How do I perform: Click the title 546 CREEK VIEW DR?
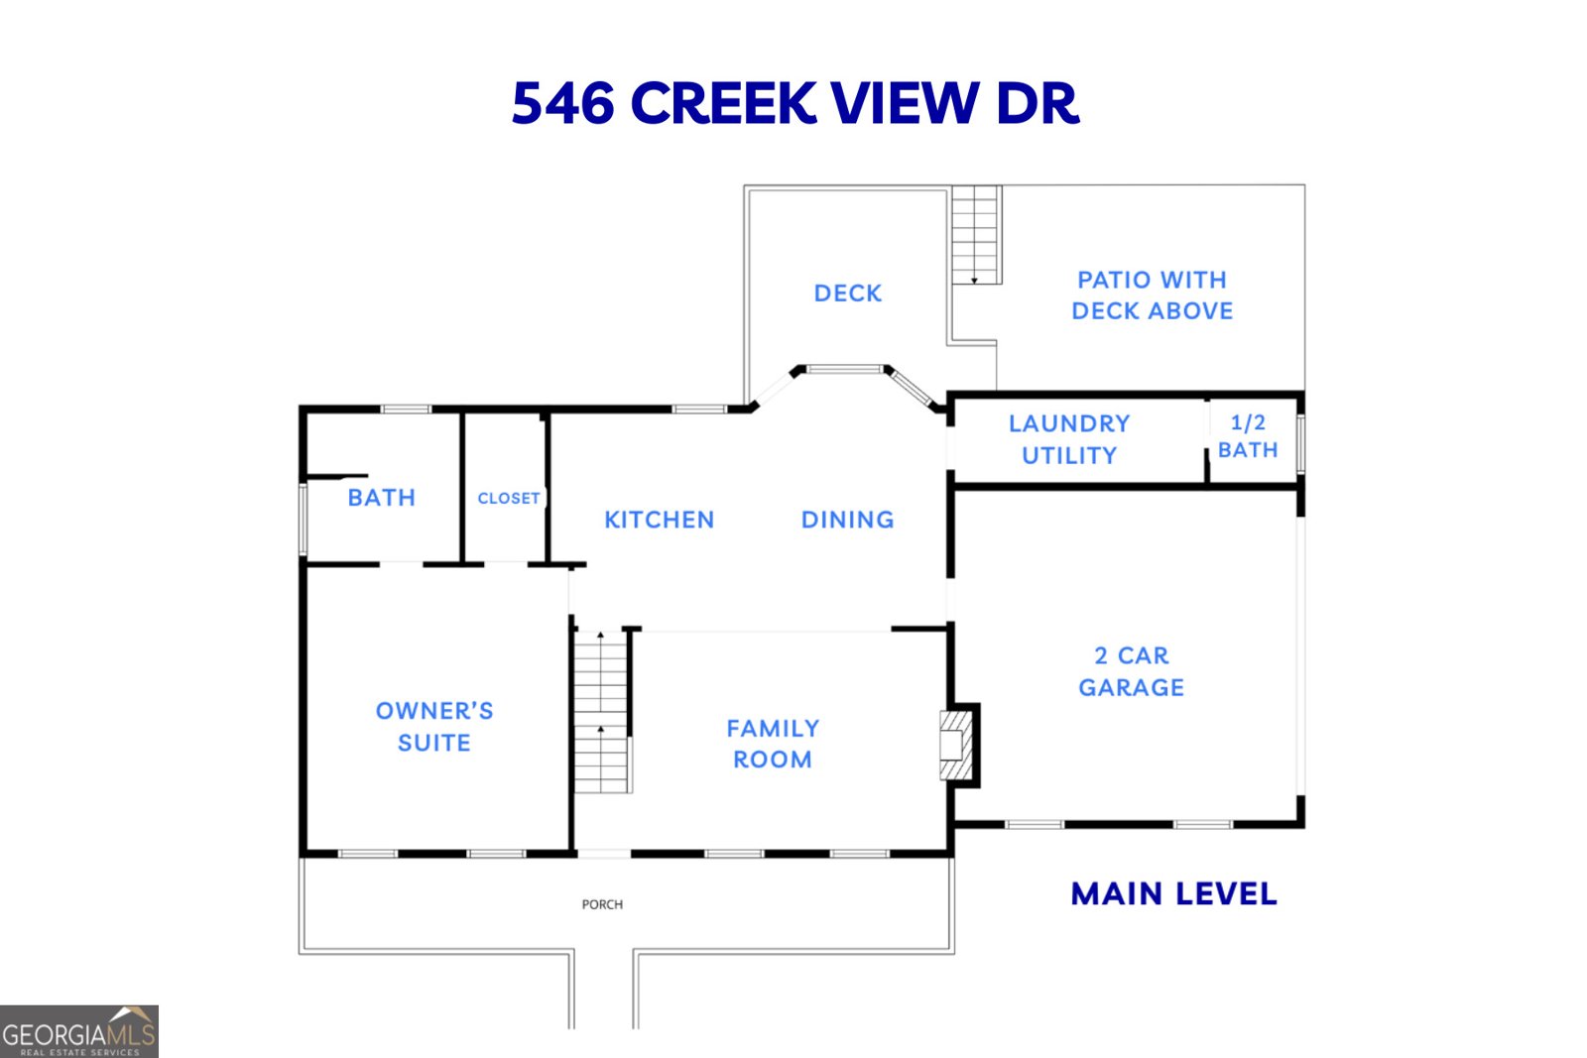tap(794, 103)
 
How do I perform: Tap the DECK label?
tap(847, 294)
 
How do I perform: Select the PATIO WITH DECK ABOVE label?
tap(1152, 295)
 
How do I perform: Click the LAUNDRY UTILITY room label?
tap(1069, 439)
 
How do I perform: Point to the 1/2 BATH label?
tap(1248, 436)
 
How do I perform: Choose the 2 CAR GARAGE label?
tap(1131, 671)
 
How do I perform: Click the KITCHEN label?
tap(659, 520)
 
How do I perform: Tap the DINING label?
tap(847, 520)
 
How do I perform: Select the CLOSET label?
tap(508, 498)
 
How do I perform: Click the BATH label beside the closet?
tap(381, 498)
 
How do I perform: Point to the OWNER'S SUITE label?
tap(433, 727)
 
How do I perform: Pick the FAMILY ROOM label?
tap(773, 744)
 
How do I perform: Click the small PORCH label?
tap(602, 904)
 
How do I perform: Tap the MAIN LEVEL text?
tap(1173, 894)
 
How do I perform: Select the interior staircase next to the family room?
tap(601, 711)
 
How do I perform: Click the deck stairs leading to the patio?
tap(976, 235)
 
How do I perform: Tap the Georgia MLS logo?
tap(78, 1032)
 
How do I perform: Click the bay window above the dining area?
tap(844, 370)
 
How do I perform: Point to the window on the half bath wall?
tap(1300, 443)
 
